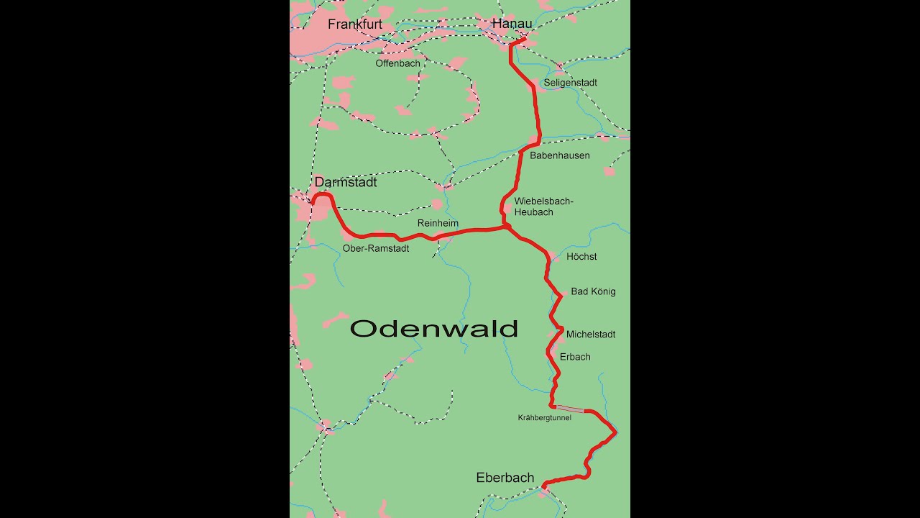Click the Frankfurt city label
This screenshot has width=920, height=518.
[354, 24]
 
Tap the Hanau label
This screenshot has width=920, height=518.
[512, 24]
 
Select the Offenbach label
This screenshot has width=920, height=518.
[397, 63]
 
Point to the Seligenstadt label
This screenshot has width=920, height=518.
[570, 83]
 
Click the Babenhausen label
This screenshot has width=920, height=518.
[559, 155]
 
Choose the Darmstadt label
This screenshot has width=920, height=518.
[346, 183]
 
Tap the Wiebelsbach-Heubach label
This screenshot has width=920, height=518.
[543, 206]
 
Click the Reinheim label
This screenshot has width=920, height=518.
[438, 224]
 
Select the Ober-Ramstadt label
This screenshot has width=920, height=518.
[376, 248]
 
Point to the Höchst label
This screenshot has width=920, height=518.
[581, 257]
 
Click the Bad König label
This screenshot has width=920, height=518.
[593, 291]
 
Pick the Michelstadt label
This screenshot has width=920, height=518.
[591, 335]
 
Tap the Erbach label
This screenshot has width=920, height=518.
[575, 357]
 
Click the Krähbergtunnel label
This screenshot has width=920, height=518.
[544, 418]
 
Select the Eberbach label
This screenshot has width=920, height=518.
[505, 478]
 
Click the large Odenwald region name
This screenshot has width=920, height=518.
[434, 329]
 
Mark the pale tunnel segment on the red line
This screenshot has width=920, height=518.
[570, 409]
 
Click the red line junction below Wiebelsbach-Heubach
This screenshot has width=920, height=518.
[506, 227]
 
